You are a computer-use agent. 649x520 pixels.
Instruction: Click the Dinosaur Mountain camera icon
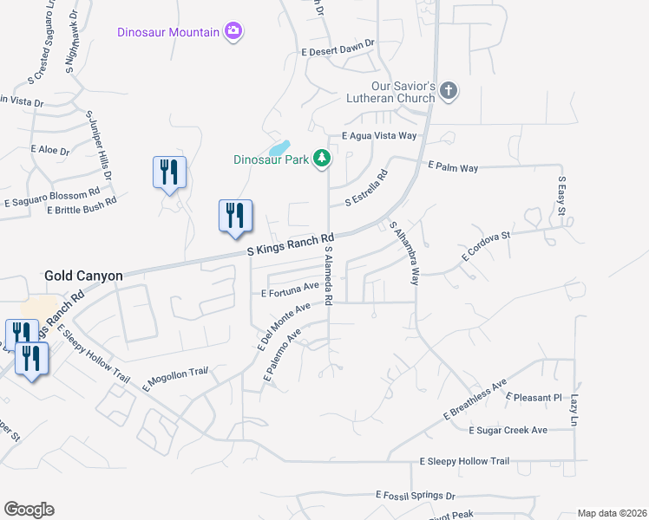click(x=233, y=32)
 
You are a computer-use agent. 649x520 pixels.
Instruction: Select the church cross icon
click(x=448, y=91)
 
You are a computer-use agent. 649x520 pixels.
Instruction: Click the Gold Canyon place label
click(x=83, y=276)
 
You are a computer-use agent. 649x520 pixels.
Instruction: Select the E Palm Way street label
click(x=453, y=166)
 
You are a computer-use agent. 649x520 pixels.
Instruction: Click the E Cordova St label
click(x=486, y=245)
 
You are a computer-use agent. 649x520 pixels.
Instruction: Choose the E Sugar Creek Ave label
click(x=508, y=430)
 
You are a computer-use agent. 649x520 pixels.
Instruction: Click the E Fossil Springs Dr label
click(x=416, y=495)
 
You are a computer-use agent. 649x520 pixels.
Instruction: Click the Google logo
click(x=29, y=510)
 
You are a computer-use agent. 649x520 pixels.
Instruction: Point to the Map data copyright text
click(x=611, y=512)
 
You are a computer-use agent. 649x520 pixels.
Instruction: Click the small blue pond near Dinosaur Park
click(x=279, y=148)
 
